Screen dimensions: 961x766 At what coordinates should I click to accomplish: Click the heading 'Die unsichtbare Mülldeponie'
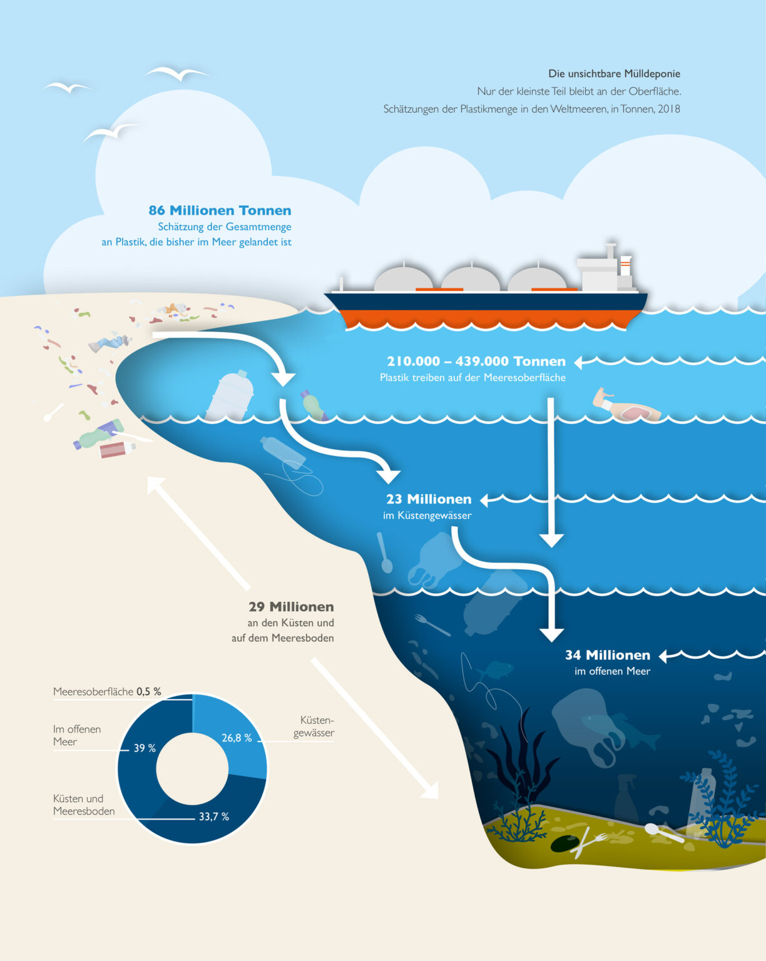pos(614,74)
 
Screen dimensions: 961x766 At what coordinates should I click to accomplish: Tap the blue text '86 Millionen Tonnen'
pos(220,211)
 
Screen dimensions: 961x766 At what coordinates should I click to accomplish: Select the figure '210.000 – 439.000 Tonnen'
pos(476,362)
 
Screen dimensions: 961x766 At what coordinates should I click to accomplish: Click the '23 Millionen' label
pos(429,499)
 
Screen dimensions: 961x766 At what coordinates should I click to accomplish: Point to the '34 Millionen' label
pos(607,655)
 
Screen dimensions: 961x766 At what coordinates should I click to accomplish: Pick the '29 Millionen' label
pos(291,607)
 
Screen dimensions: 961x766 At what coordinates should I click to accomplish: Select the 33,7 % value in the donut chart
pos(213,816)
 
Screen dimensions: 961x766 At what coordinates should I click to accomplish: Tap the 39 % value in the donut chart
pos(145,748)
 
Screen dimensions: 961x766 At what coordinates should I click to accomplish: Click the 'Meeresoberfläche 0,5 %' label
pos(107,691)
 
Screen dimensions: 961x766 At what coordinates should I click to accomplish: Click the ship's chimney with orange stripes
pos(625,265)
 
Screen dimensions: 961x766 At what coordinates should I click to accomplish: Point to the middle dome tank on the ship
pos(470,279)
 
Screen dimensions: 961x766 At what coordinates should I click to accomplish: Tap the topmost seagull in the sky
pos(176,73)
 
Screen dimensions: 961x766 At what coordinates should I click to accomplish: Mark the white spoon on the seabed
pos(663,833)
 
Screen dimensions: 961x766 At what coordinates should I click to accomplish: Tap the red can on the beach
pos(116,450)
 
